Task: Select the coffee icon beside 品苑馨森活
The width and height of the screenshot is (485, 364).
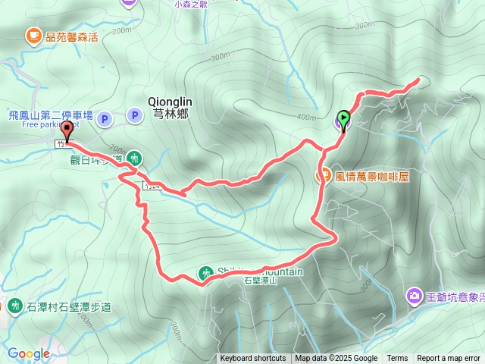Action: coord(33,35)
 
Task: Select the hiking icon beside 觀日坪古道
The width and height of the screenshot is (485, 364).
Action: coord(133,158)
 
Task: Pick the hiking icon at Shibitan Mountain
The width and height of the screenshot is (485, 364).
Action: coord(206,272)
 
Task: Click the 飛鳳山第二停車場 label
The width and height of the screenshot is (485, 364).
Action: coord(50,115)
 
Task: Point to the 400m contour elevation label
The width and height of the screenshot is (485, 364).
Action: coord(306,118)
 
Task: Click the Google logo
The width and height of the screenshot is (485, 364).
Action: coord(29,353)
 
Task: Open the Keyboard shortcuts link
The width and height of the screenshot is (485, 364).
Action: coord(253,359)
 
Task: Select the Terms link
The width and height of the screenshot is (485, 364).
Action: coord(397,359)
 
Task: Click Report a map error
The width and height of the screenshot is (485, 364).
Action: coord(449,359)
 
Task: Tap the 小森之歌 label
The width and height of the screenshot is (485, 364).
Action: coord(190,5)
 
